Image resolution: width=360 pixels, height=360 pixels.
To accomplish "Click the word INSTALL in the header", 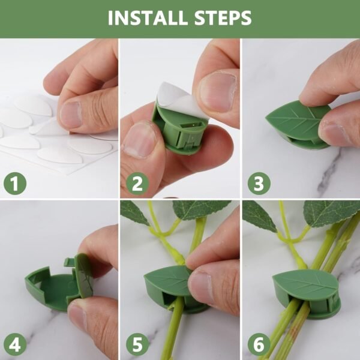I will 144,18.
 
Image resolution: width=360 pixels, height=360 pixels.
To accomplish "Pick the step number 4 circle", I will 15,345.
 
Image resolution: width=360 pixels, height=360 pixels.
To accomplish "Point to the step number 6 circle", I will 259,345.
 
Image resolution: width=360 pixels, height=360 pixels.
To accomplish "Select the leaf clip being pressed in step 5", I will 165,282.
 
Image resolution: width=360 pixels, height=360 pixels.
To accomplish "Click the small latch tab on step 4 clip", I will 68,262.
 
